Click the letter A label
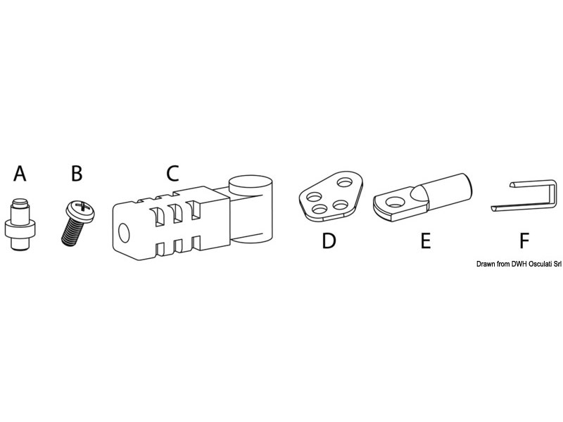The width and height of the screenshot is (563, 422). (20, 174)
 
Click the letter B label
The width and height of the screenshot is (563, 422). (77, 174)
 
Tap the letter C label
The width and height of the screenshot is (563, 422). (172, 173)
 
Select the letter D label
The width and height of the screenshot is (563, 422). (329, 241)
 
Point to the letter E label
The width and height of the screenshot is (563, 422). (426, 241)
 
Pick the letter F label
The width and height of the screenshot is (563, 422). (524, 241)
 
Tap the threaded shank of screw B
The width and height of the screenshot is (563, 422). (71, 232)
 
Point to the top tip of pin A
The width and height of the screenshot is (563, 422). (20, 200)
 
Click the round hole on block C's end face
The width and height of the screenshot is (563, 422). (124, 233)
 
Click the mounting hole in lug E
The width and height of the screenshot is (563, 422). (396, 202)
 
